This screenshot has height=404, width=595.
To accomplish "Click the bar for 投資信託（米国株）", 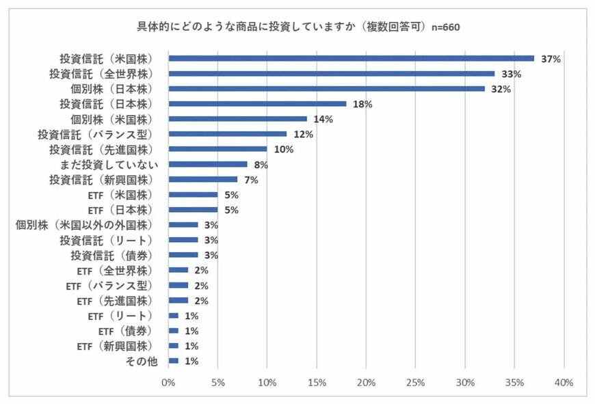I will [x=351, y=59].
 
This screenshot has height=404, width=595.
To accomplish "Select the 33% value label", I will [x=511, y=74].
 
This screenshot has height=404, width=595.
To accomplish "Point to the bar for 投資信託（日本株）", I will [x=257, y=104].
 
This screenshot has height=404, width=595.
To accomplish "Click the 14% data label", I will [x=323, y=119].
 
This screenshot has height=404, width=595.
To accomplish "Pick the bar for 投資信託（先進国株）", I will [x=217, y=149].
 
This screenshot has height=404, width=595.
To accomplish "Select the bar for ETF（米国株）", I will [x=193, y=195].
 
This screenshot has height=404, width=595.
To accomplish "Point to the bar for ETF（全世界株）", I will [x=178, y=270].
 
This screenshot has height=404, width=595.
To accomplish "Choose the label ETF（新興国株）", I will [x=114, y=346].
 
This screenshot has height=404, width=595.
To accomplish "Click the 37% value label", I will [x=551, y=59].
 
